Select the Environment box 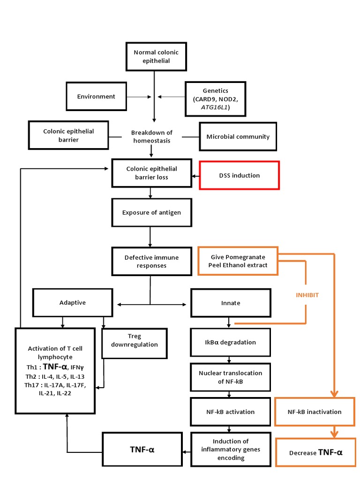click(96, 97)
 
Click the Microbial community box click(238, 137)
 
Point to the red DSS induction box click(239, 175)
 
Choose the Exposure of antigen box click(151, 212)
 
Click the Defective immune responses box click(151, 261)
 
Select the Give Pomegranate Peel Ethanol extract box click(238, 261)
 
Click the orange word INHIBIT click(307, 295)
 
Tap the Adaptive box click(73, 303)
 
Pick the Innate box click(230, 303)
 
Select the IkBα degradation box click(230, 342)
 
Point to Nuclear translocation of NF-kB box click(230, 377)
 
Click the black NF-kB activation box click(230, 412)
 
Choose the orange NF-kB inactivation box click(315, 412)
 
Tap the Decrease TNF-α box click(315, 453)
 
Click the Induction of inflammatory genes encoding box click(230, 449)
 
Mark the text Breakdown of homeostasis click(151, 137)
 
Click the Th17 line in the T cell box click(55, 385)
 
